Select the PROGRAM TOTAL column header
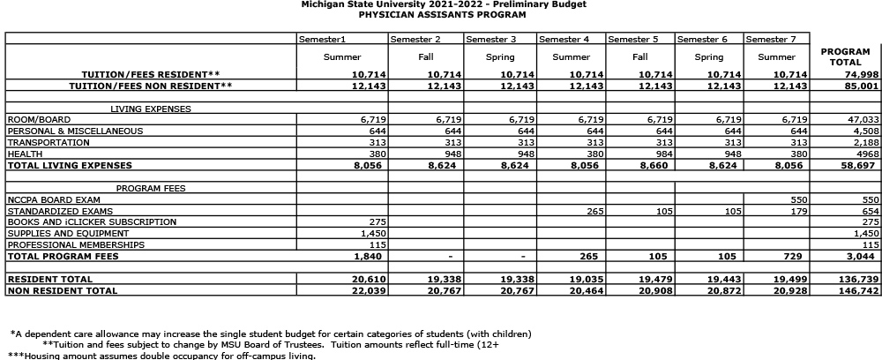(845, 57)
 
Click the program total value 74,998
(862, 75)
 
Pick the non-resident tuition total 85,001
(862, 86)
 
